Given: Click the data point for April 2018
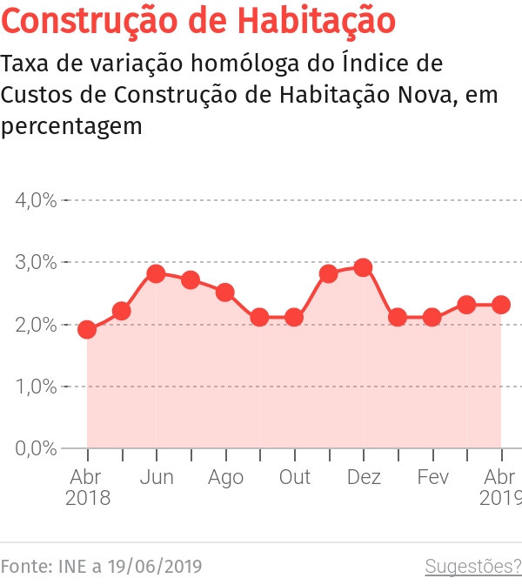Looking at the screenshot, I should tap(87, 329).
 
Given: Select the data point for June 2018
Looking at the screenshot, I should tap(156, 273).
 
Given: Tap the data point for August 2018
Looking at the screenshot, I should tap(225, 292).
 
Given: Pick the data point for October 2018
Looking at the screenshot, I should tap(294, 317).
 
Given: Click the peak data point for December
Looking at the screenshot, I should tap(364, 267).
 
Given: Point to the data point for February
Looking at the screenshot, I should tap(432, 317).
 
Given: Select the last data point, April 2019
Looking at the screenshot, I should tap(501, 305).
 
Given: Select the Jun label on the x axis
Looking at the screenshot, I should tap(157, 477).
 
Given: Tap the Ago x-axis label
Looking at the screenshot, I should tap(225, 477).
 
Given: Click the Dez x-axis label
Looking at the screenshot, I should tap(364, 477).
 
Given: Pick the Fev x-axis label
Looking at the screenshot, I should tap(432, 477).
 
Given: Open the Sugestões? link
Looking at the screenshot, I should tap(472, 567).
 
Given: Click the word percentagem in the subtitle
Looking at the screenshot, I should tap(71, 125).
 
